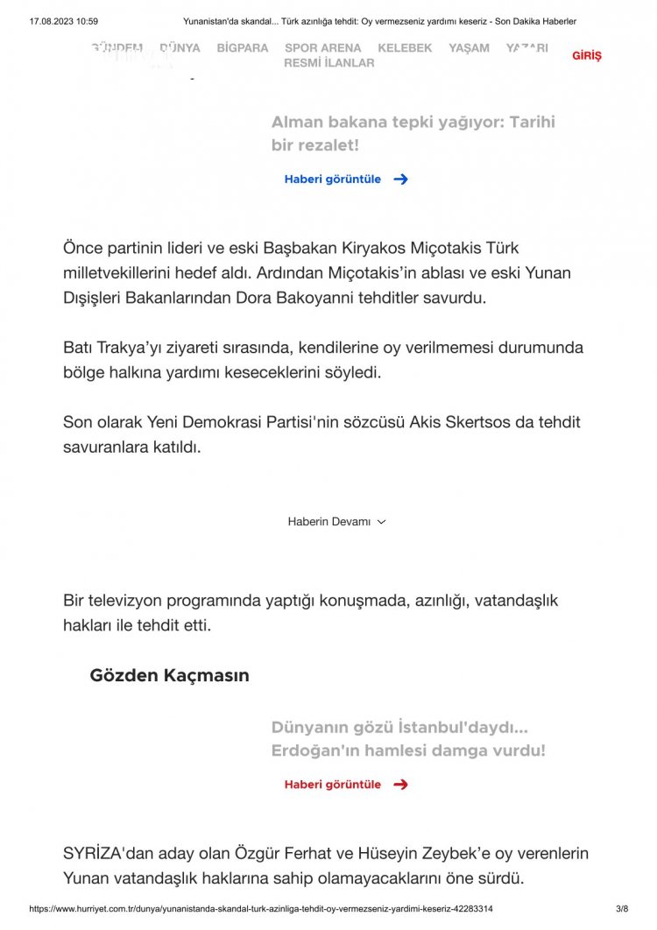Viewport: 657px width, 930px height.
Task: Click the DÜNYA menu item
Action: pyautogui.click(x=180, y=48)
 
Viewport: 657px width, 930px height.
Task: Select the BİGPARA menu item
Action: pyautogui.click(x=243, y=48)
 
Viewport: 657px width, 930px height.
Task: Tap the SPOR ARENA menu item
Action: pyautogui.click(x=322, y=48)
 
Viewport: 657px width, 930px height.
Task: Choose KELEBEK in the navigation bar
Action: pyautogui.click(x=405, y=48)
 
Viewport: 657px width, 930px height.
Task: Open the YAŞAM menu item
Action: pyautogui.click(x=469, y=48)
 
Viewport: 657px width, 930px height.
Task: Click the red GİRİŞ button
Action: pyautogui.click(x=587, y=56)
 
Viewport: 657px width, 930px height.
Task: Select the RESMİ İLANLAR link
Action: pyautogui.click(x=328, y=63)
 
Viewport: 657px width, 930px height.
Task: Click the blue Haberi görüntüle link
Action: pyautogui.click(x=333, y=179)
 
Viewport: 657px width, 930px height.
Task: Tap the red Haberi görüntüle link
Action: pyautogui.click(x=333, y=785)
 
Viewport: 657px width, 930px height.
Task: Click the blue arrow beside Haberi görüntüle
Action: pyautogui.click(x=400, y=179)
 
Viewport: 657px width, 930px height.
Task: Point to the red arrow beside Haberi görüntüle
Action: pyautogui.click(x=400, y=785)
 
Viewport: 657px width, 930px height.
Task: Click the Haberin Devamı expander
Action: pyautogui.click(x=336, y=522)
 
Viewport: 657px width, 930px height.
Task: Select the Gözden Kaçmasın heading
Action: pyautogui.click(x=169, y=676)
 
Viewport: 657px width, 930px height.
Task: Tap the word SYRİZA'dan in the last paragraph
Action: pyautogui.click(x=110, y=853)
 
